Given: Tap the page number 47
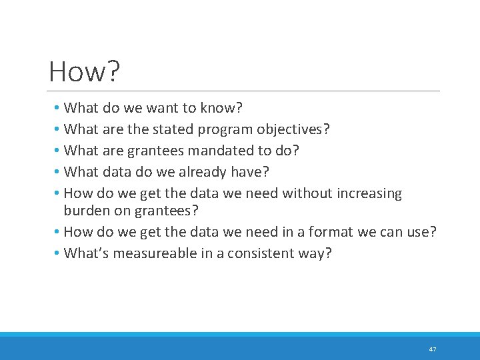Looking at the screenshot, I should point(433,349).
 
